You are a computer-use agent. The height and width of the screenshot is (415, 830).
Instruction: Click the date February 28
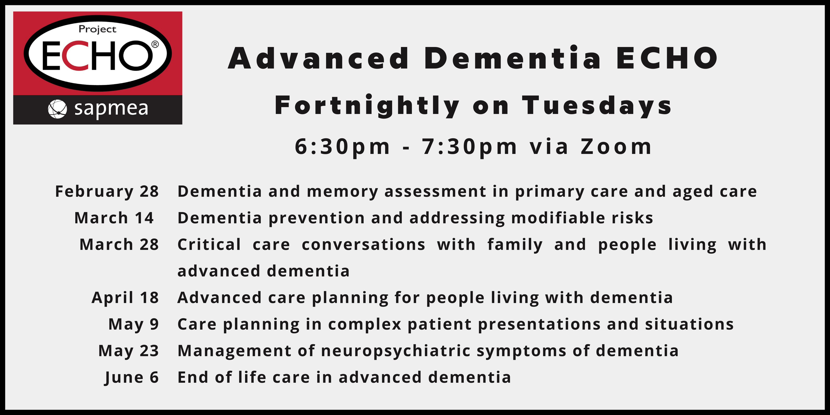tap(107, 192)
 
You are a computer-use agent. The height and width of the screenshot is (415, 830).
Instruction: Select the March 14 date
tap(114, 218)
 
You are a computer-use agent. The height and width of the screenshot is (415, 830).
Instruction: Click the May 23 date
tap(128, 351)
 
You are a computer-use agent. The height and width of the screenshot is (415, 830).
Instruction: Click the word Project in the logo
tap(97, 30)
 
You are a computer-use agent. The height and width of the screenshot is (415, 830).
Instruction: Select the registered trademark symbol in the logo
tap(155, 44)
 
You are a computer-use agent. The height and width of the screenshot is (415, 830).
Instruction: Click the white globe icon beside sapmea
tap(57, 109)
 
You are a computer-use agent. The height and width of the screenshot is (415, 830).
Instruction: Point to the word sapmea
tap(111, 109)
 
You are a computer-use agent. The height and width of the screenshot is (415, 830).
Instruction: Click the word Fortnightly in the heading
tap(367, 106)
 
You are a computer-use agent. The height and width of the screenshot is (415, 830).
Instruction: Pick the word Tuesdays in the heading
tap(597, 105)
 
